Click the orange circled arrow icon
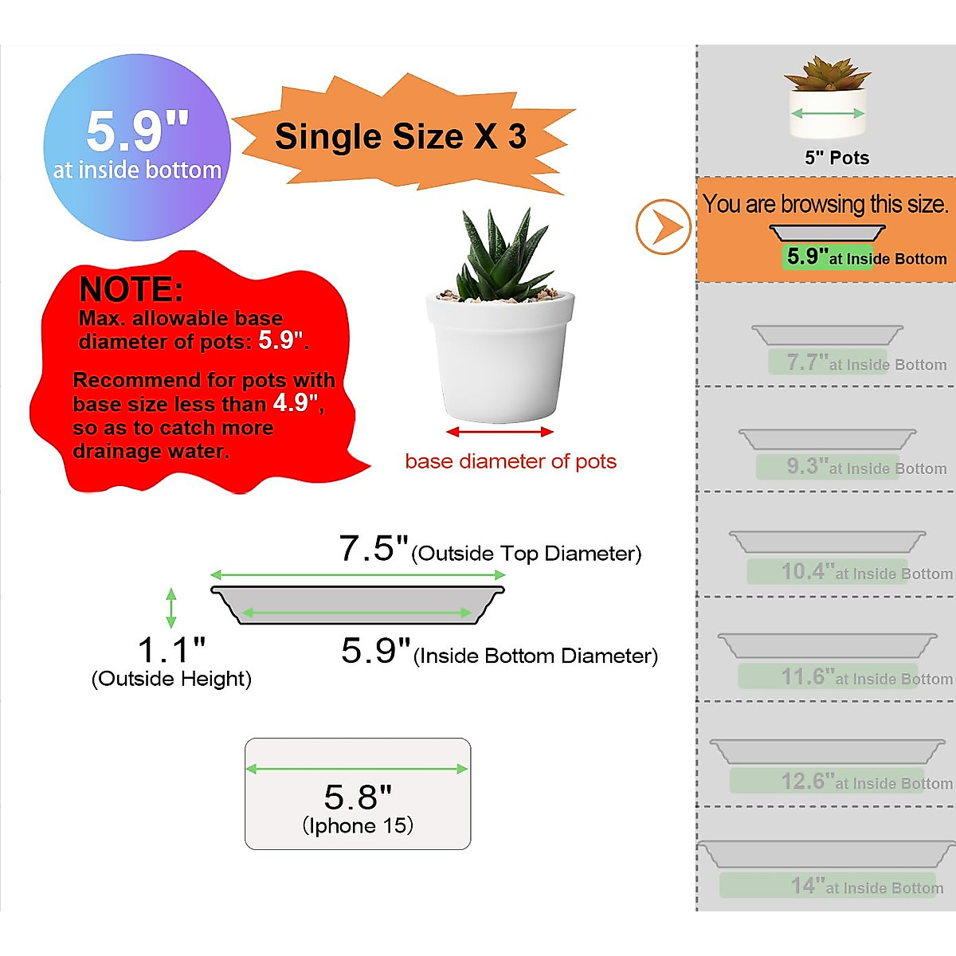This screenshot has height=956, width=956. tap(663, 227)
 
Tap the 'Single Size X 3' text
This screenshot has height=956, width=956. tap(400, 136)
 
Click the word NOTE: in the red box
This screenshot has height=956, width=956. tap(131, 288)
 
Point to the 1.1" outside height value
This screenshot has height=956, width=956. tap(171, 650)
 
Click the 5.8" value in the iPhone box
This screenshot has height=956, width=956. tap(358, 797)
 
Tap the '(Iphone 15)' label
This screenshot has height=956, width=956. tap(358, 826)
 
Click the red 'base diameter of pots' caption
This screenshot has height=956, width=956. tap(511, 461)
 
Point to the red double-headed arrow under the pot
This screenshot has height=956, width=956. tap(500, 432)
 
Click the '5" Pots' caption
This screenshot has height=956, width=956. tap(836, 158)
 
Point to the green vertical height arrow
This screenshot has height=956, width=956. tap(170, 608)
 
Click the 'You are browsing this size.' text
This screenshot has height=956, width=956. tap(825, 205)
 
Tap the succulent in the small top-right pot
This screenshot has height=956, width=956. tap(827, 73)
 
